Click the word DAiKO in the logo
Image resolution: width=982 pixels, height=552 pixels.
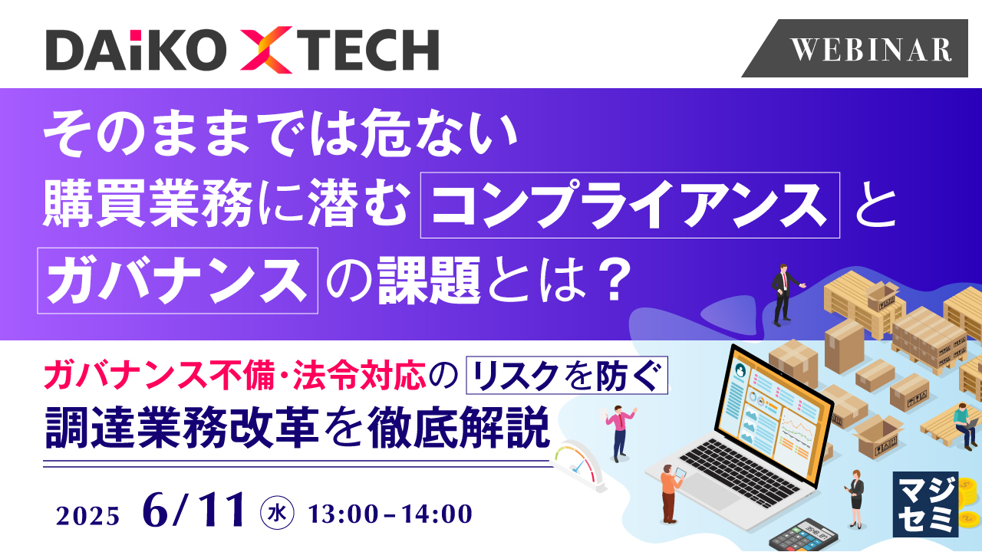pyautogui.click(x=133, y=51)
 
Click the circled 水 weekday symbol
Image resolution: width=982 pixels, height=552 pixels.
pyautogui.click(x=274, y=511)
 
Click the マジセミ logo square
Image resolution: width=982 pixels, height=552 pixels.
pyautogui.click(x=926, y=504)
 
